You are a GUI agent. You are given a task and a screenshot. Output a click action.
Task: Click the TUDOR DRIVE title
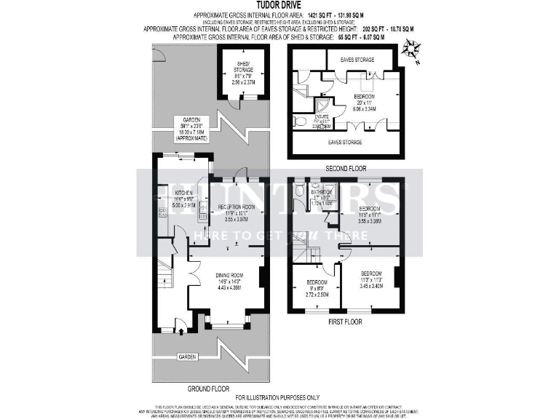279,4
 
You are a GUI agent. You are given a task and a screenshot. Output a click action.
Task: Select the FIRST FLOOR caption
344,321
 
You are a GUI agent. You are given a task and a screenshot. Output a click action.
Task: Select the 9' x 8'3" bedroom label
317,288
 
